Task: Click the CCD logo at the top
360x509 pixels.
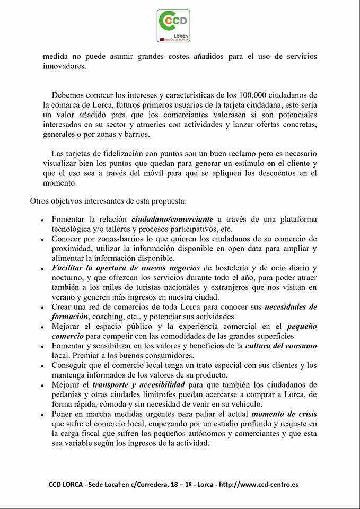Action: click(173, 25)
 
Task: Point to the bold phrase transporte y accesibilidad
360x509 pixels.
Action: click(138, 384)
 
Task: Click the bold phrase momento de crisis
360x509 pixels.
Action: click(284, 414)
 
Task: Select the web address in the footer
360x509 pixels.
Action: click(258, 484)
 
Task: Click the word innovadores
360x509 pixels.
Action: click(64, 66)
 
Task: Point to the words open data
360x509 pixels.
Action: click(236, 249)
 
